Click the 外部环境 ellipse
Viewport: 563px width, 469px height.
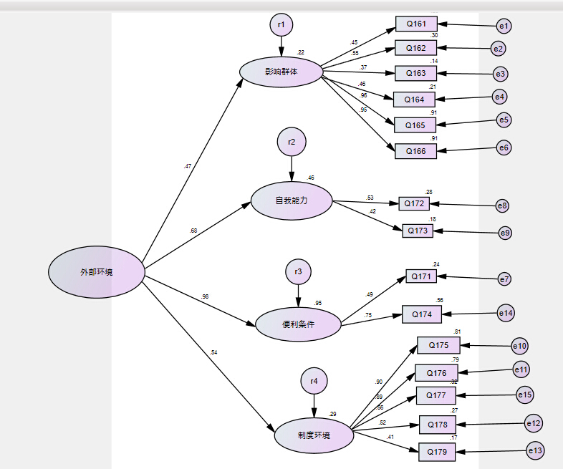(x=97, y=272)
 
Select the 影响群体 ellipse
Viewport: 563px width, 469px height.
(x=281, y=72)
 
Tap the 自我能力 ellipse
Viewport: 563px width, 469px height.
(x=292, y=201)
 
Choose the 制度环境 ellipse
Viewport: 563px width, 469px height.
(x=314, y=435)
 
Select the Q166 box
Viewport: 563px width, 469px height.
(x=415, y=151)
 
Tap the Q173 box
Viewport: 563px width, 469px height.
(x=418, y=231)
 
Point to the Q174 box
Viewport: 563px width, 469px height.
(x=422, y=314)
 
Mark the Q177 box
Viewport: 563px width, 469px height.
(x=436, y=395)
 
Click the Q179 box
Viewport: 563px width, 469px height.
(x=437, y=451)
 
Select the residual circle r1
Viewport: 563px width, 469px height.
(x=281, y=25)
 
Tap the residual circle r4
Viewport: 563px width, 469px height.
(x=314, y=381)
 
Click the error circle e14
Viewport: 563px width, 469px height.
(x=507, y=313)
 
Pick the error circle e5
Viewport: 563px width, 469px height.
(x=504, y=120)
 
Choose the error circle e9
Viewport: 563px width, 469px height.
(x=506, y=233)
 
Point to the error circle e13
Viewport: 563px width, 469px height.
(x=534, y=451)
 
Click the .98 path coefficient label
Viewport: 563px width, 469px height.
(x=205, y=296)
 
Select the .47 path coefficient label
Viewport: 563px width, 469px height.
(x=188, y=166)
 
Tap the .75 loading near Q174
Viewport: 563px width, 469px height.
(x=368, y=315)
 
